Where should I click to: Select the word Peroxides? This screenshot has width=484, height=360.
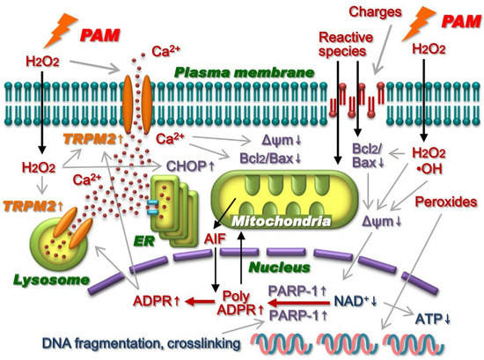[440, 202]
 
